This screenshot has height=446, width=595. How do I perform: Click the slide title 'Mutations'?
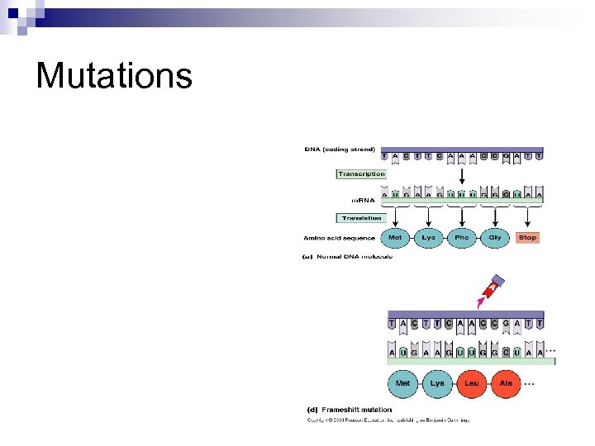pos(114,76)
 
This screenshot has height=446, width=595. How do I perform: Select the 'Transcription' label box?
pos(361,174)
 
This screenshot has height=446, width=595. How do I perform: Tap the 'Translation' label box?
pos(361,218)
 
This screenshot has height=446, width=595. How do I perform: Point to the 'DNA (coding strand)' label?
pos(340,150)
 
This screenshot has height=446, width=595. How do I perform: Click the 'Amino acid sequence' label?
pos(339,238)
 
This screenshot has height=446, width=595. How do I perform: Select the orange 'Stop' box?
pos(527,237)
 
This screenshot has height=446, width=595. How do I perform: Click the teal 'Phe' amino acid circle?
pos(461,237)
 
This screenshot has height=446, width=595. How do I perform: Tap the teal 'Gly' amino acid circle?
pos(494,237)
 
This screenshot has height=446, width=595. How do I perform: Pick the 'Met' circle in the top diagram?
pos(396,237)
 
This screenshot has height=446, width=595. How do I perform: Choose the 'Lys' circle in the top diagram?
pos(428,237)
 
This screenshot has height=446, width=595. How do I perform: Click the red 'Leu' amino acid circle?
pos(472,383)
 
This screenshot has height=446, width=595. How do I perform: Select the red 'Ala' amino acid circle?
pos(506,383)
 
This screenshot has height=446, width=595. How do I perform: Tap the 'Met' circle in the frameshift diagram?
pos(403,383)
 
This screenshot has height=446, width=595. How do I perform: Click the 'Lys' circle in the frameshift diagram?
pos(437,383)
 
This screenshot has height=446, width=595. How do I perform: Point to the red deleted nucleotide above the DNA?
pos(493,287)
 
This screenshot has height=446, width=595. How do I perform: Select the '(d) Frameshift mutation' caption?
pos(350,410)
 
